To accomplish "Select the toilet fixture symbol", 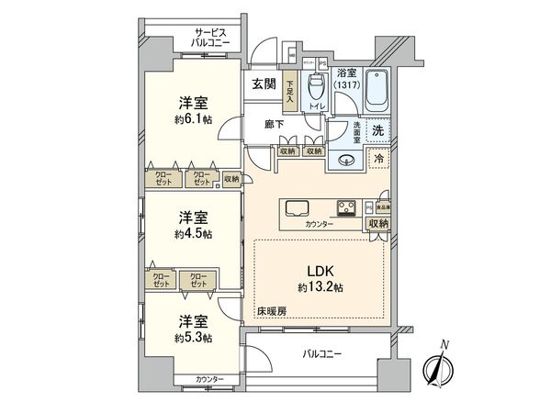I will [x=316, y=89].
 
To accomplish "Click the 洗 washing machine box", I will [x=378, y=130].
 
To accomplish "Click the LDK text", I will [x=320, y=273].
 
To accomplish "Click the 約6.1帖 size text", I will [x=193, y=119].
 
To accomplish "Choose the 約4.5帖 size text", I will [x=193, y=233].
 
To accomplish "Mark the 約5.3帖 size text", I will [x=193, y=338].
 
